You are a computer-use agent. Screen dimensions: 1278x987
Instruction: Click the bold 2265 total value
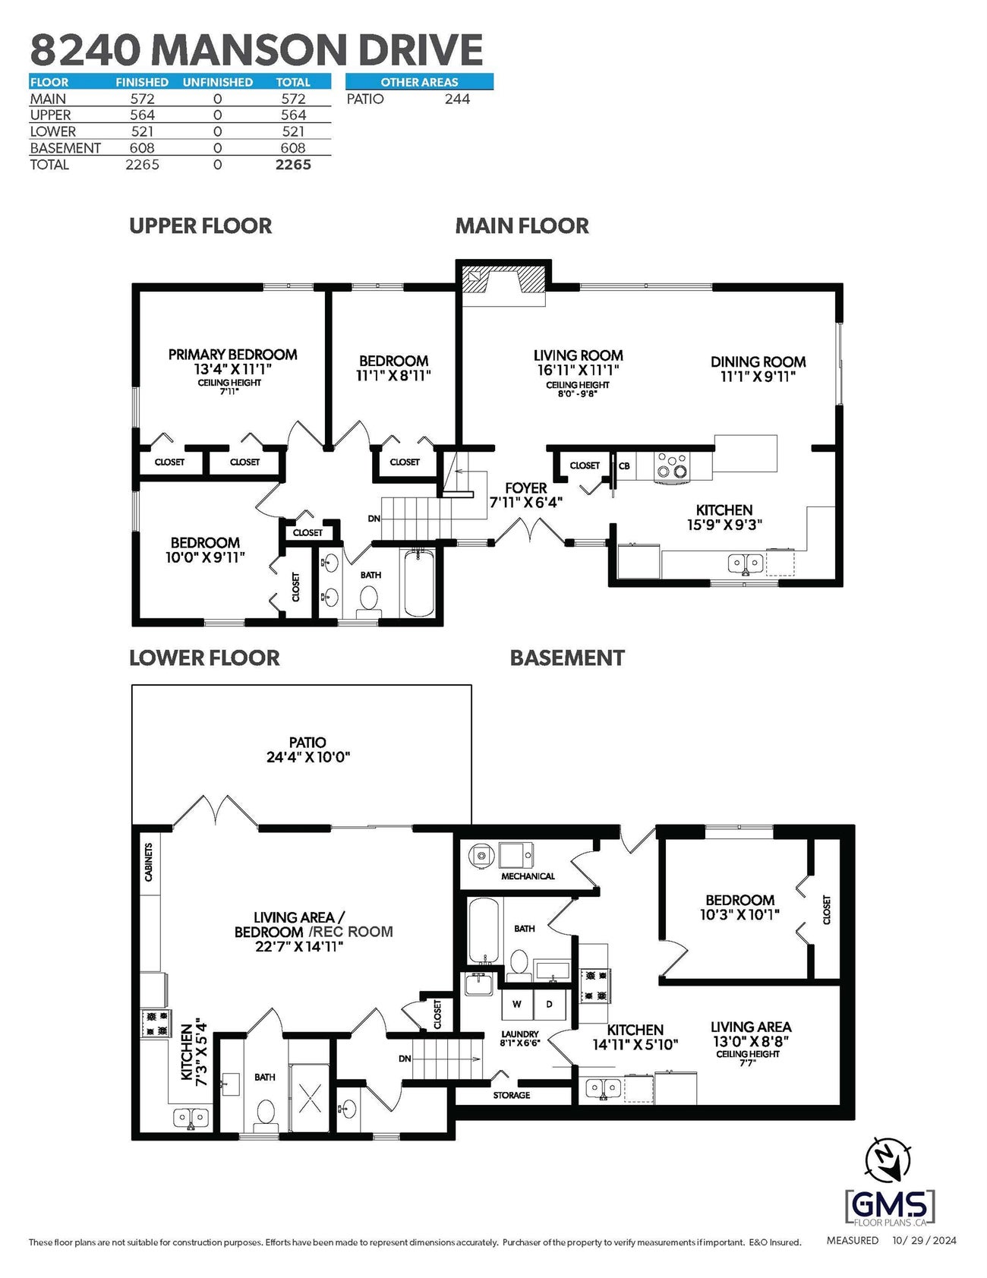(293, 165)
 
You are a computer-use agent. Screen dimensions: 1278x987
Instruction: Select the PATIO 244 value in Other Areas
(457, 99)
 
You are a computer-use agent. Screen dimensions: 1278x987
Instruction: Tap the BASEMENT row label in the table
(65, 148)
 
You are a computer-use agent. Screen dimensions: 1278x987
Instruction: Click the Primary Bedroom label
(232, 355)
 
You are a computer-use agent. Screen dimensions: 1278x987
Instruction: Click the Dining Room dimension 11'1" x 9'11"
(758, 376)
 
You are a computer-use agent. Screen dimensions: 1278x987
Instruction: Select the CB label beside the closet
(624, 465)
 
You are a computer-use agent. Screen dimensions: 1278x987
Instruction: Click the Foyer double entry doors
(529, 529)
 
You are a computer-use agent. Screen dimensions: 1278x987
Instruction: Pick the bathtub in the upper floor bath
(418, 583)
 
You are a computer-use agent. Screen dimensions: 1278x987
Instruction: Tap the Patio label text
(307, 742)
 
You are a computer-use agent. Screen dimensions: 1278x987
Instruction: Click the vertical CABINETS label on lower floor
(149, 862)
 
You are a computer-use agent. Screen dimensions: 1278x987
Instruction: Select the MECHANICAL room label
(528, 876)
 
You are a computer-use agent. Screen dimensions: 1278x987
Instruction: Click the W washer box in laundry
(517, 1004)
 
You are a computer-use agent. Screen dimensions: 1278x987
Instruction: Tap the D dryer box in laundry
(550, 1004)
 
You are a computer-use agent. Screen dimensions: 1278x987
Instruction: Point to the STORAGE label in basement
(511, 1095)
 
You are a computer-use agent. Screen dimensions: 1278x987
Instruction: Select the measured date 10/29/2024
(924, 1241)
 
